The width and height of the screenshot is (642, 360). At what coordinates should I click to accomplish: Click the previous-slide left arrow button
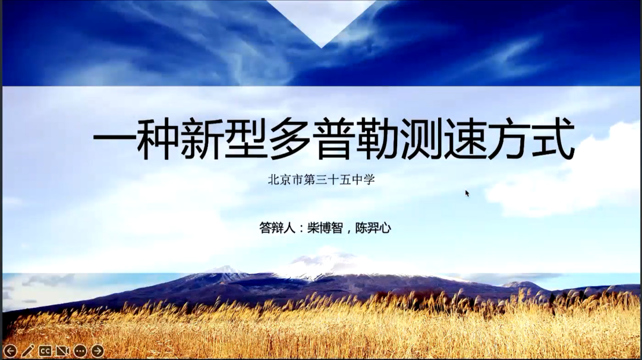[x=10, y=350]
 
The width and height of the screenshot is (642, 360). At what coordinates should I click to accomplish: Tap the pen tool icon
[x=27, y=350]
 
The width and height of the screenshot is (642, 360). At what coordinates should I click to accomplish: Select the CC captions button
[x=45, y=350]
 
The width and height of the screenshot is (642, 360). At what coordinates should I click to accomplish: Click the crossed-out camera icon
[x=62, y=350]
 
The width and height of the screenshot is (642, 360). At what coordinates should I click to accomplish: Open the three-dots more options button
[x=80, y=350]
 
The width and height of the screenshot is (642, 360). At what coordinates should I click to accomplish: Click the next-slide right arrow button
[x=97, y=350]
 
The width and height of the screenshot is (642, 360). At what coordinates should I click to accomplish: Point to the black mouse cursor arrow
[x=467, y=193]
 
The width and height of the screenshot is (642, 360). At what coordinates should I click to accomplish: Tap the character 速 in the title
[x=464, y=138]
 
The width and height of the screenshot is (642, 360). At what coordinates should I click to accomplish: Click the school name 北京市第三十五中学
[x=322, y=179]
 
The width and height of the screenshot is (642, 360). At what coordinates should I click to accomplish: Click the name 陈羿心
[x=373, y=228]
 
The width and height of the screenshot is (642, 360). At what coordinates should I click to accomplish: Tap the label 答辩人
[x=277, y=228]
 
